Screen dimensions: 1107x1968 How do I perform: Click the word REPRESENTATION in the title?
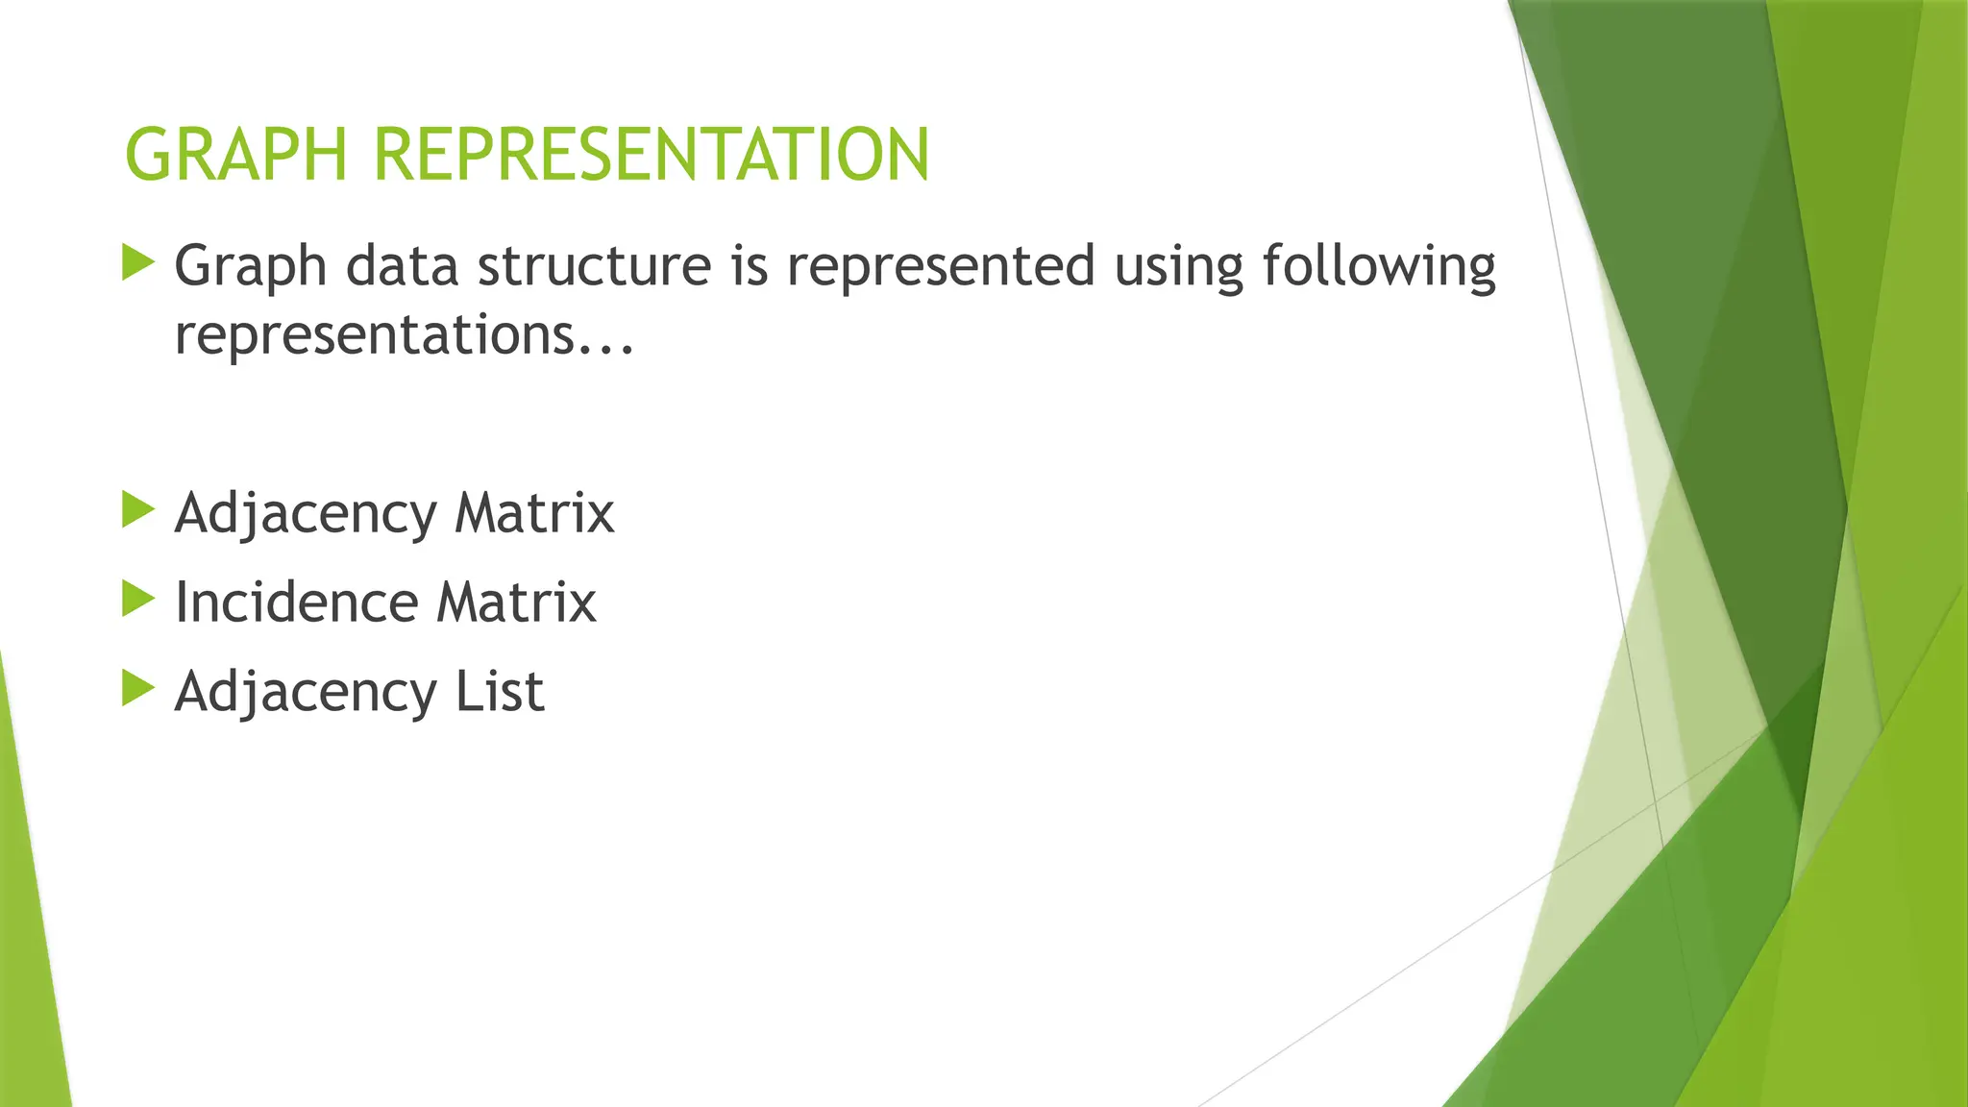652,155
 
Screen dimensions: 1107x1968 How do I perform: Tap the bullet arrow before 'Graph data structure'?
138,262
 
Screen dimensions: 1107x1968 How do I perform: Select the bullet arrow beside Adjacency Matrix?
138,510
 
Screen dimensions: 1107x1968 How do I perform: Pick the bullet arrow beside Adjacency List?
138,689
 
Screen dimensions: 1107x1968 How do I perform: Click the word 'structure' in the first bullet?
594,266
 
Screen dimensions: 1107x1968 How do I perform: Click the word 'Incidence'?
296,603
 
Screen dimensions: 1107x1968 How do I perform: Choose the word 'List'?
500,691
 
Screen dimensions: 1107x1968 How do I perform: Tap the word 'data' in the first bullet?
402,266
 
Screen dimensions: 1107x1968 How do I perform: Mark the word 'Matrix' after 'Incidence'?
516,603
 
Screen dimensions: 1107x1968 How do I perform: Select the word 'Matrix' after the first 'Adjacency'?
533,513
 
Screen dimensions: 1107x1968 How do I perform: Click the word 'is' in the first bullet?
750,266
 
